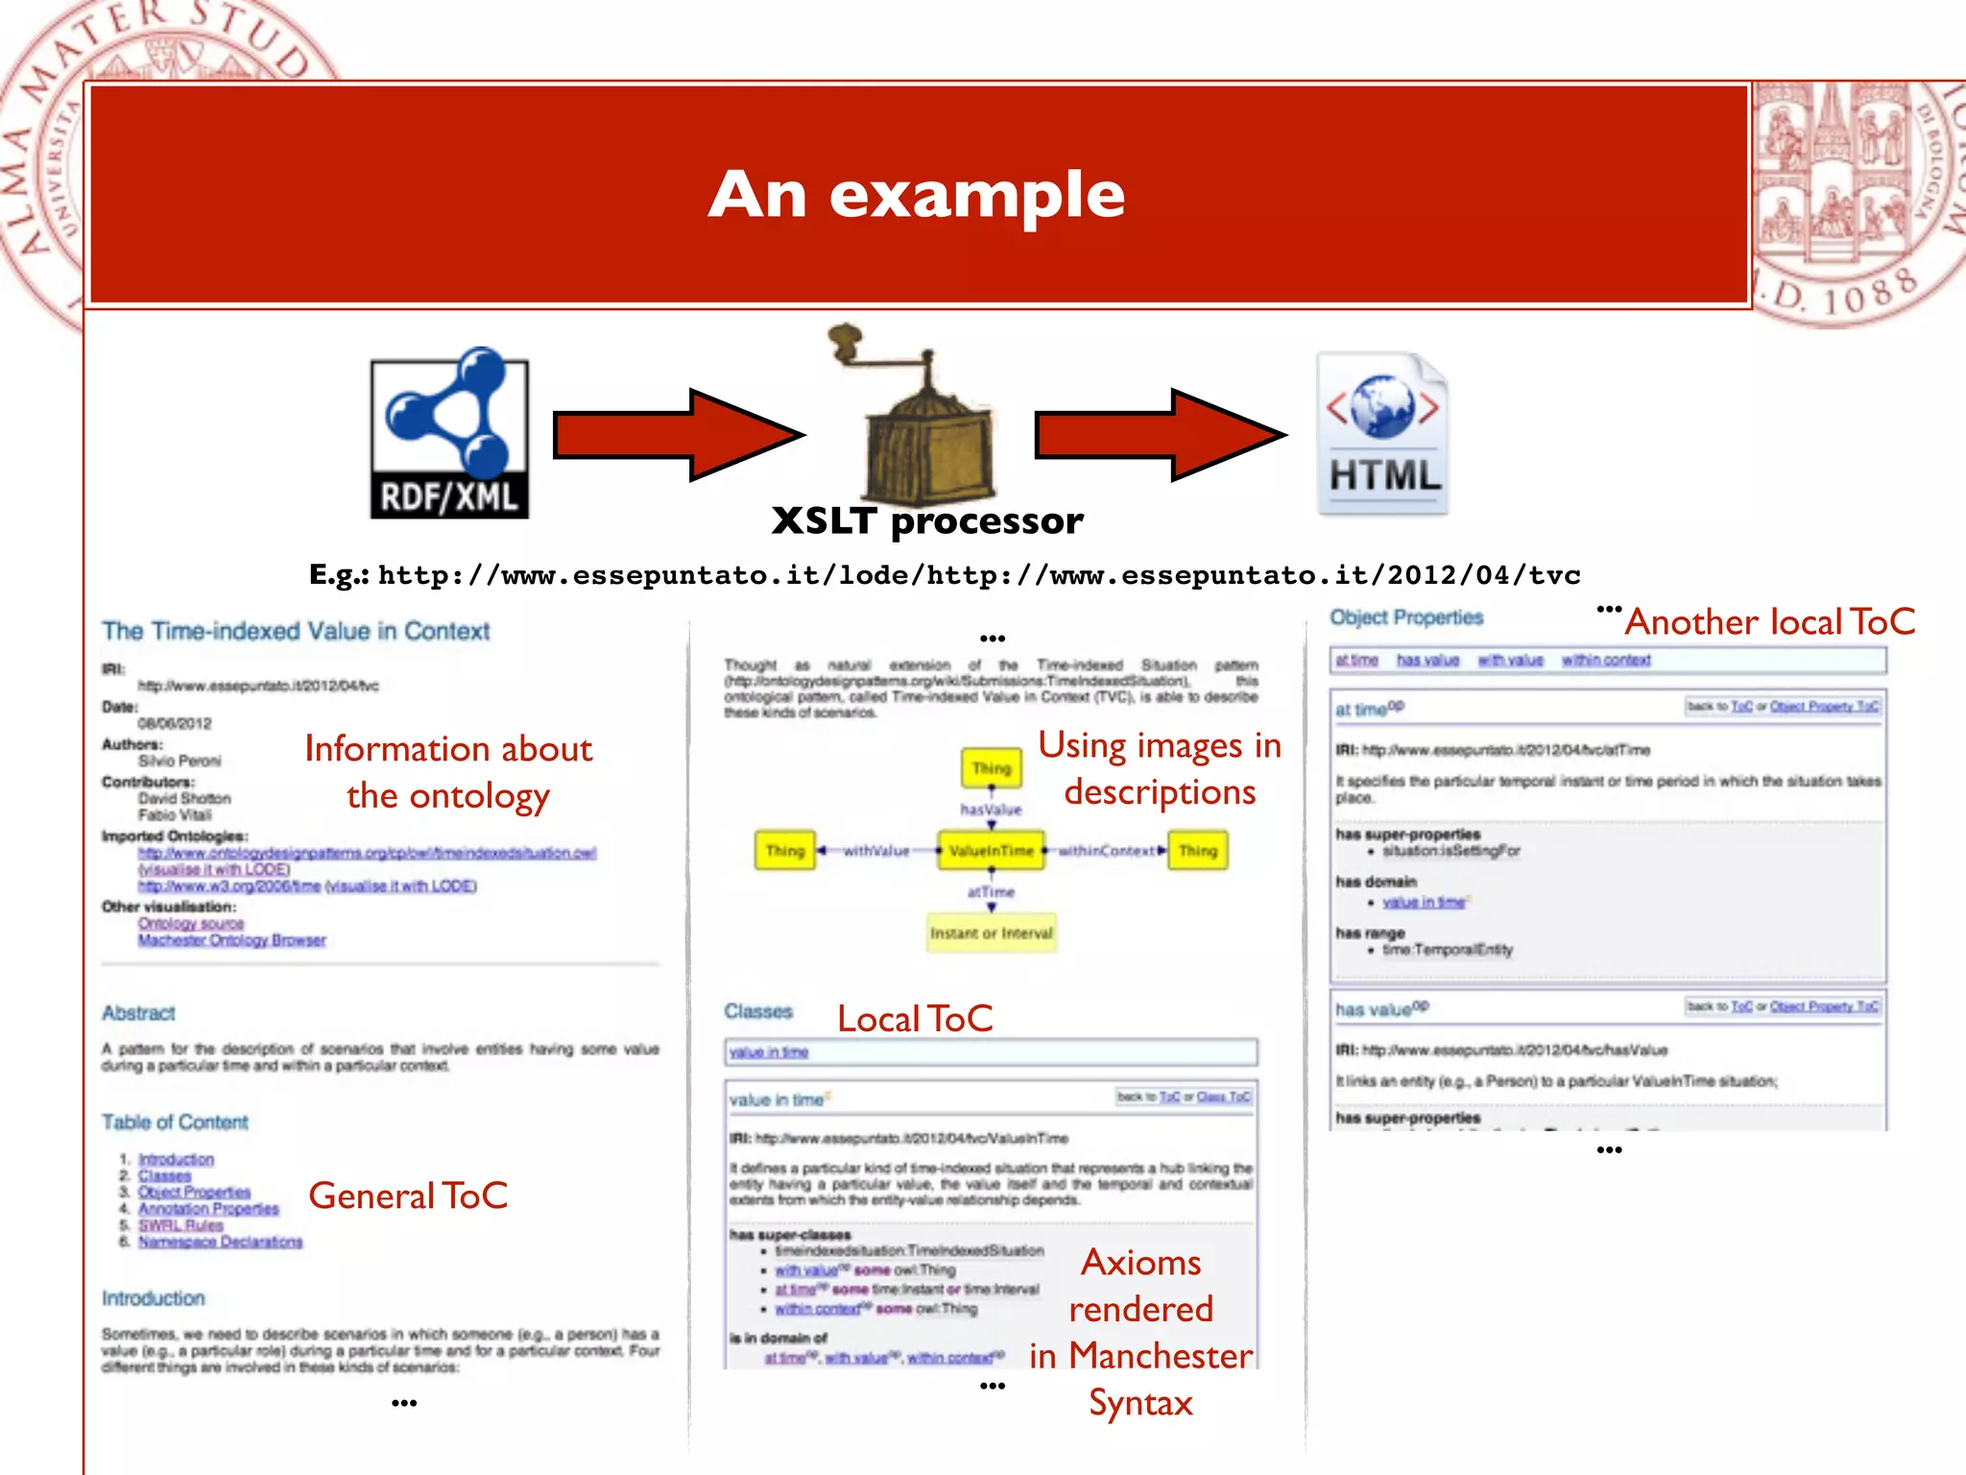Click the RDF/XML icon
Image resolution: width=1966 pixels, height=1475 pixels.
[x=449, y=435]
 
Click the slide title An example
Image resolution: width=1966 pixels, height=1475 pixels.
[x=917, y=195]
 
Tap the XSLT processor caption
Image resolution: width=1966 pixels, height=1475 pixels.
[x=927, y=521]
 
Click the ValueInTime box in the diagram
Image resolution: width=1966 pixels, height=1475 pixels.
[x=991, y=851]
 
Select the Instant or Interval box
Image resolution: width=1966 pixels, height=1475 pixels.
[x=991, y=933]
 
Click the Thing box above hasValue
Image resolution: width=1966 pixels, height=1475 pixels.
[x=991, y=768]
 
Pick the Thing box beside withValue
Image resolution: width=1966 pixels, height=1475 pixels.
[x=784, y=851]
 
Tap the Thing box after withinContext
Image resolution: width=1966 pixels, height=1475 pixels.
[x=1197, y=851]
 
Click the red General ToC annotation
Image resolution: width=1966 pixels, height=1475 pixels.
[x=408, y=1197]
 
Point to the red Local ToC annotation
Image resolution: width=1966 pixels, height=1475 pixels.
[x=915, y=1019]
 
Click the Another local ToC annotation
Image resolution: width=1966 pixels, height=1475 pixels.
[x=1769, y=622]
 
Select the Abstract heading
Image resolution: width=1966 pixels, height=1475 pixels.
[x=139, y=1013]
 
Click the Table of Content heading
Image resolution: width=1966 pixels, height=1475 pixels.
[x=175, y=1123]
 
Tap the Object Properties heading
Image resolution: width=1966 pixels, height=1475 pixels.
[x=1406, y=617]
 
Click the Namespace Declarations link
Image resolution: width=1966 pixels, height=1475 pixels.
[x=220, y=1243]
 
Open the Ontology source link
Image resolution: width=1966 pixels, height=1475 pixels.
[x=190, y=924]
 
